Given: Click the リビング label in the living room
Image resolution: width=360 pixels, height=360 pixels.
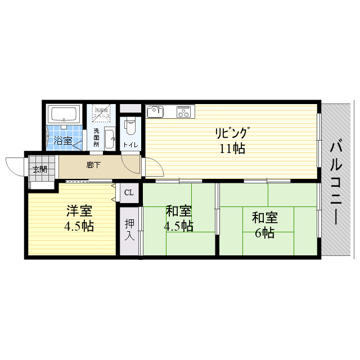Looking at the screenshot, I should tap(231, 133).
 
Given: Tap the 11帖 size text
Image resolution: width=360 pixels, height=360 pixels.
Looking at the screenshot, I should tap(231, 149).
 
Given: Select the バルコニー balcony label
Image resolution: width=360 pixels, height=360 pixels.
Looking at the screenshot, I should tap(337, 181).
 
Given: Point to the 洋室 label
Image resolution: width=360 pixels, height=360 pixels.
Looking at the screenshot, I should tap(79, 211).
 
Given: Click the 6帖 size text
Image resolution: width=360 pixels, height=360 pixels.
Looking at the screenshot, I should tap(264, 233).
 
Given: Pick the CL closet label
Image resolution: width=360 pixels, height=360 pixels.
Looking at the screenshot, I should tap(129, 192).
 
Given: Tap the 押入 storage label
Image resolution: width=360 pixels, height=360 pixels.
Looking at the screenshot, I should tap(129, 230).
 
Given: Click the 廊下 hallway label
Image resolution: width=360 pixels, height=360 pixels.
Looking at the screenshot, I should tap(94, 165).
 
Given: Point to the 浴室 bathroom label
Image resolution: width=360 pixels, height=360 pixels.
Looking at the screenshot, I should tap(63, 140).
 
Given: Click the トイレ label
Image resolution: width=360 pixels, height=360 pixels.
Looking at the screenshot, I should tap(130, 145).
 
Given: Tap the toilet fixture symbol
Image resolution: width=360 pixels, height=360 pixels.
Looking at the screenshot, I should tap(130, 126).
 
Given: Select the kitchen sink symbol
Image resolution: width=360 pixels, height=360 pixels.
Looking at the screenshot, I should tap(156, 111).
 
